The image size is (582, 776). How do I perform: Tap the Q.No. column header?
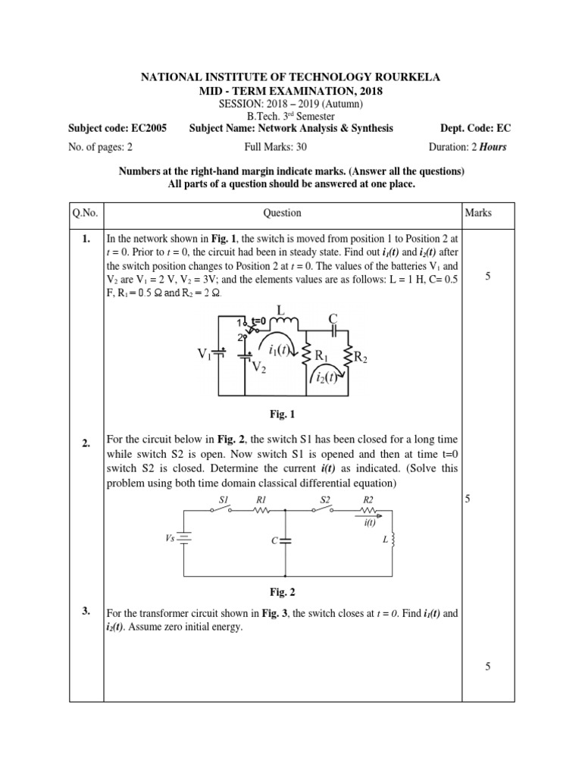point(85,213)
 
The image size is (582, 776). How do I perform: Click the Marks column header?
point(478,213)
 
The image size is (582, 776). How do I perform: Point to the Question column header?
point(282,213)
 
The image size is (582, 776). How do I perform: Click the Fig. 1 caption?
point(281,414)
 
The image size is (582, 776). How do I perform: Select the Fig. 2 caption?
point(281,593)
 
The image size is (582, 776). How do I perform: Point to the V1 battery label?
point(205,354)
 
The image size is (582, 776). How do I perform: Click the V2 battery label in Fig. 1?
point(259,368)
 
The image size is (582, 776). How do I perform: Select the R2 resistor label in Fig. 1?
point(361,357)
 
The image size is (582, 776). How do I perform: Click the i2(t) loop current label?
point(327,378)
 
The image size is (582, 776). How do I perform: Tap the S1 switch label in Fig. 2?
point(224,499)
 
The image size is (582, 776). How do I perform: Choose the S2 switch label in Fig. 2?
point(325,499)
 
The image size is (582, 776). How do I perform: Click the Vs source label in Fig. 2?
point(171,536)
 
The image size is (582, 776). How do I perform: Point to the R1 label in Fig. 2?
point(261,499)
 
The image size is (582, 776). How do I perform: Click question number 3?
point(86,611)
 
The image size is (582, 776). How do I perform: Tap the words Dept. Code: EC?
point(474,128)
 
